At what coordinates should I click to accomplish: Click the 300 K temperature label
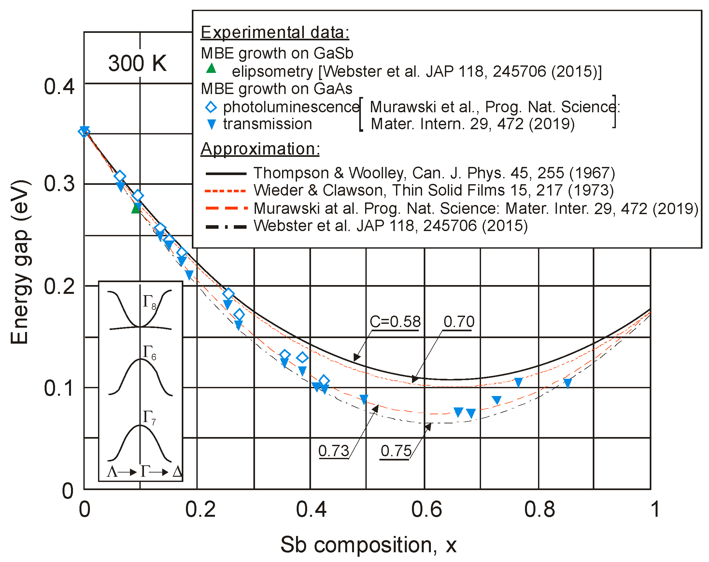(x=137, y=63)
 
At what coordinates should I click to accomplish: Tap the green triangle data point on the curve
(x=136, y=208)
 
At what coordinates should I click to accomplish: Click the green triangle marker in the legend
(x=211, y=68)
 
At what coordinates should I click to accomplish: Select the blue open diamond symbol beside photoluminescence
(x=211, y=107)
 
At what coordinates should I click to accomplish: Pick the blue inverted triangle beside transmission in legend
(x=211, y=124)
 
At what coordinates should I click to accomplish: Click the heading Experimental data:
(x=275, y=33)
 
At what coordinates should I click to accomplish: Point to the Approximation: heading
(x=260, y=149)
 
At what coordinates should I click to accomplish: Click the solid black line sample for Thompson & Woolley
(x=226, y=173)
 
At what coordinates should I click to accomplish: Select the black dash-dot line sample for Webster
(x=226, y=227)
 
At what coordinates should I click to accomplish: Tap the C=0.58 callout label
(x=395, y=322)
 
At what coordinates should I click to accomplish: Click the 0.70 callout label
(x=459, y=322)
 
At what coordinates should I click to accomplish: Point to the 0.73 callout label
(x=333, y=451)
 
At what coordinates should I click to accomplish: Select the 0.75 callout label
(x=396, y=451)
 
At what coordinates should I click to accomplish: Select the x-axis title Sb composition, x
(x=368, y=544)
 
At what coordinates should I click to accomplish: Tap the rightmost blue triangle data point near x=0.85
(x=567, y=383)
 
